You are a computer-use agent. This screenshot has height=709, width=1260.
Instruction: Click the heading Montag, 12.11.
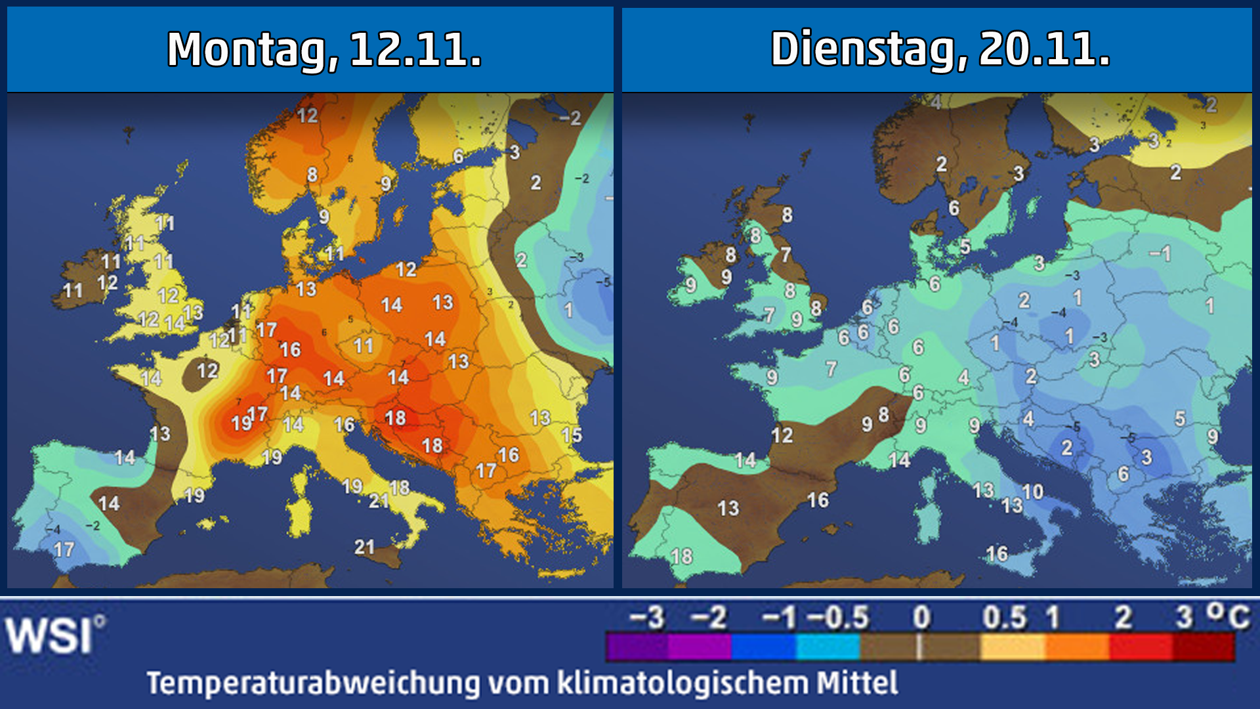pos(324,50)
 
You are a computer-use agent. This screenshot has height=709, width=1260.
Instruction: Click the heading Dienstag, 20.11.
pos(940,50)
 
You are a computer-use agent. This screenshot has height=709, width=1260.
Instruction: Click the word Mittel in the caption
pos(856,683)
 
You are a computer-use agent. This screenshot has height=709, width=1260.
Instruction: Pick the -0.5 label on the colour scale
pos(837,618)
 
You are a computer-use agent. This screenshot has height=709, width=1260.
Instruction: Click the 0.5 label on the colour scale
pos(1004,618)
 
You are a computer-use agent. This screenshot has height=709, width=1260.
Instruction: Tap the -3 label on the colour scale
pos(647,618)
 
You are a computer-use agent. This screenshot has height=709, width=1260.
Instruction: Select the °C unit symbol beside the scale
pos(1228,616)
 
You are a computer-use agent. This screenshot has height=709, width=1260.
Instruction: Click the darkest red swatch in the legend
pos(1204,647)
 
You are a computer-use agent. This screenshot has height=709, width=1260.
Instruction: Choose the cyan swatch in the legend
pos(828,647)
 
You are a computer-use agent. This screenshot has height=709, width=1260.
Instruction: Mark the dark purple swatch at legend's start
pos(637,647)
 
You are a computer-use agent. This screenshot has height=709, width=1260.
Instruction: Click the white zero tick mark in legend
pos(919,647)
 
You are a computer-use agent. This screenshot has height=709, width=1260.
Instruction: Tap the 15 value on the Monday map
pos(572,435)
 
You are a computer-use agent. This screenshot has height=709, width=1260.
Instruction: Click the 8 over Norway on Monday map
pos(312,175)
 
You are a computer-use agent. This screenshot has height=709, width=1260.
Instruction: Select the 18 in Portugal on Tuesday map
pos(682,557)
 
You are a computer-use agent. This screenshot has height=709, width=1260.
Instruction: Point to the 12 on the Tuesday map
pos(782,435)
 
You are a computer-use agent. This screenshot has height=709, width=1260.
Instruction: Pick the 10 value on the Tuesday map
pos(1032,492)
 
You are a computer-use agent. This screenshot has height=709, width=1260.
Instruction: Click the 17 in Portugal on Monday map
pos(64,549)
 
